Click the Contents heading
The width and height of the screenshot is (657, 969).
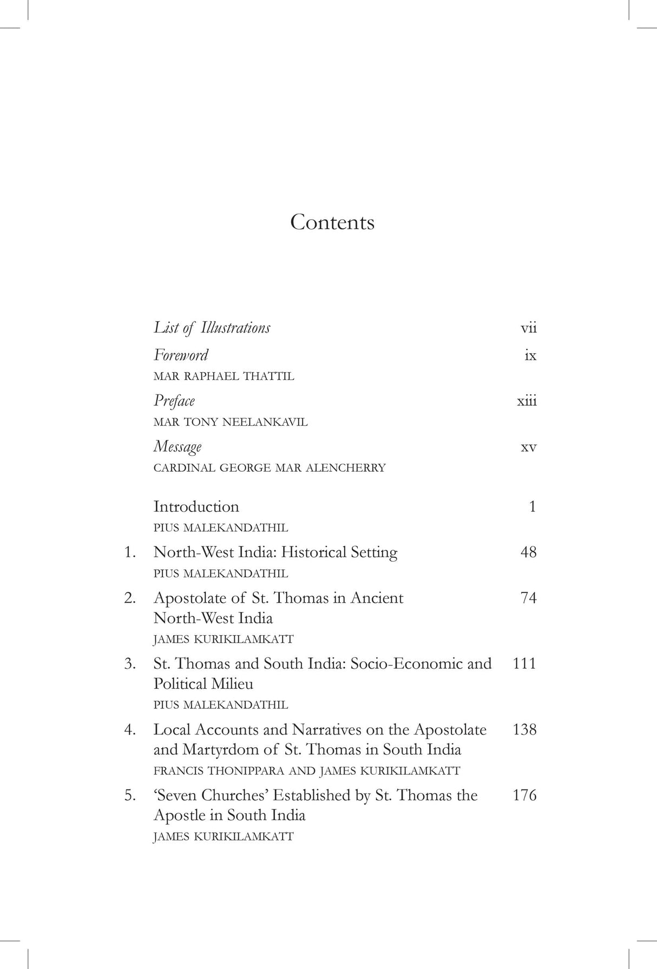pyautogui.click(x=332, y=222)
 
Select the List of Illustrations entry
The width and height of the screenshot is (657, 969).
pyautogui.click(x=212, y=328)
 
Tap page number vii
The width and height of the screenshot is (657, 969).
pyautogui.click(x=528, y=328)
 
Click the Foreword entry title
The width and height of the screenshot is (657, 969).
pyautogui.click(x=181, y=355)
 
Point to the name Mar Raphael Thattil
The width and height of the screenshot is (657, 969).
pyautogui.click(x=224, y=377)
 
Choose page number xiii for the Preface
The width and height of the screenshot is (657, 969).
pyautogui.click(x=527, y=401)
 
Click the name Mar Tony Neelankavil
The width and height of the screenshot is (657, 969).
pyautogui.click(x=230, y=422)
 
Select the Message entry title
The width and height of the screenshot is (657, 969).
pyautogui.click(x=178, y=447)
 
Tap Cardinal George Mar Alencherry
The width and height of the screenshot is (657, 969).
pyautogui.click(x=269, y=468)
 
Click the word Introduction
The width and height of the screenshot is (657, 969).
pyautogui.click(x=196, y=507)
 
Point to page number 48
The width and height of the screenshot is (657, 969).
pyautogui.click(x=528, y=552)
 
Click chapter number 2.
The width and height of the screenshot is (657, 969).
pyautogui.click(x=129, y=598)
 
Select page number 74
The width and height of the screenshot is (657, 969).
pyautogui.click(x=528, y=598)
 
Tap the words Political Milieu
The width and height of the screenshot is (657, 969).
pyautogui.click(x=203, y=684)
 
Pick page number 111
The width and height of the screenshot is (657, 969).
pyautogui.click(x=524, y=664)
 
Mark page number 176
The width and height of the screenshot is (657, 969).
pyautogui.click(x=524, y=795)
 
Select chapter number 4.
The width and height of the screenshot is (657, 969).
pyautogui.click(x=129, y=730)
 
